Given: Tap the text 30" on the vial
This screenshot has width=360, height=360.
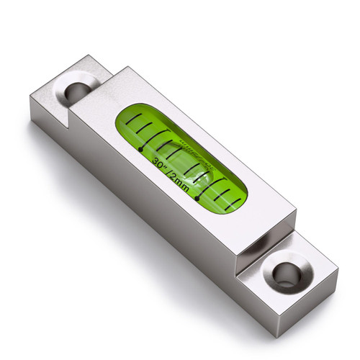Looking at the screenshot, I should coord(161,163).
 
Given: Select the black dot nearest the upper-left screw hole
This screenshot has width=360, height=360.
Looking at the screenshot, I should coord(140,150).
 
